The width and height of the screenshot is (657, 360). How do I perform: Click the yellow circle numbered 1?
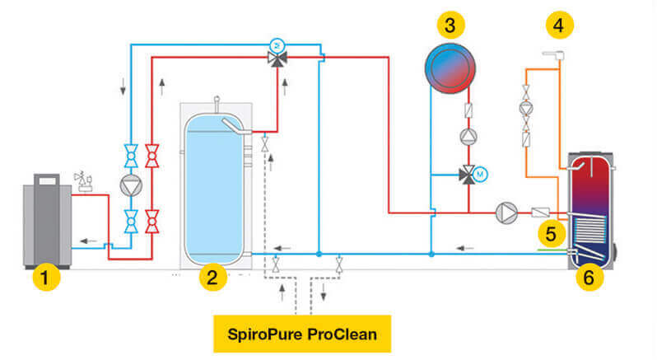tap(46, 278)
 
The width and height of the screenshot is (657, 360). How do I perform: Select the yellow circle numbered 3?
tap(450, 25)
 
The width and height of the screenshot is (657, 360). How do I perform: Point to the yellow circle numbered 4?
tap(558, 25)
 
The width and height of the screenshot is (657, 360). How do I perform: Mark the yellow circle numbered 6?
tap(588, 278)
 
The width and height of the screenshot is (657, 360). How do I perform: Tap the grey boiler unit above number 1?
tap(49, 221)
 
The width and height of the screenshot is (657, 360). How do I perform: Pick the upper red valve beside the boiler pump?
tap(151, 152)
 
